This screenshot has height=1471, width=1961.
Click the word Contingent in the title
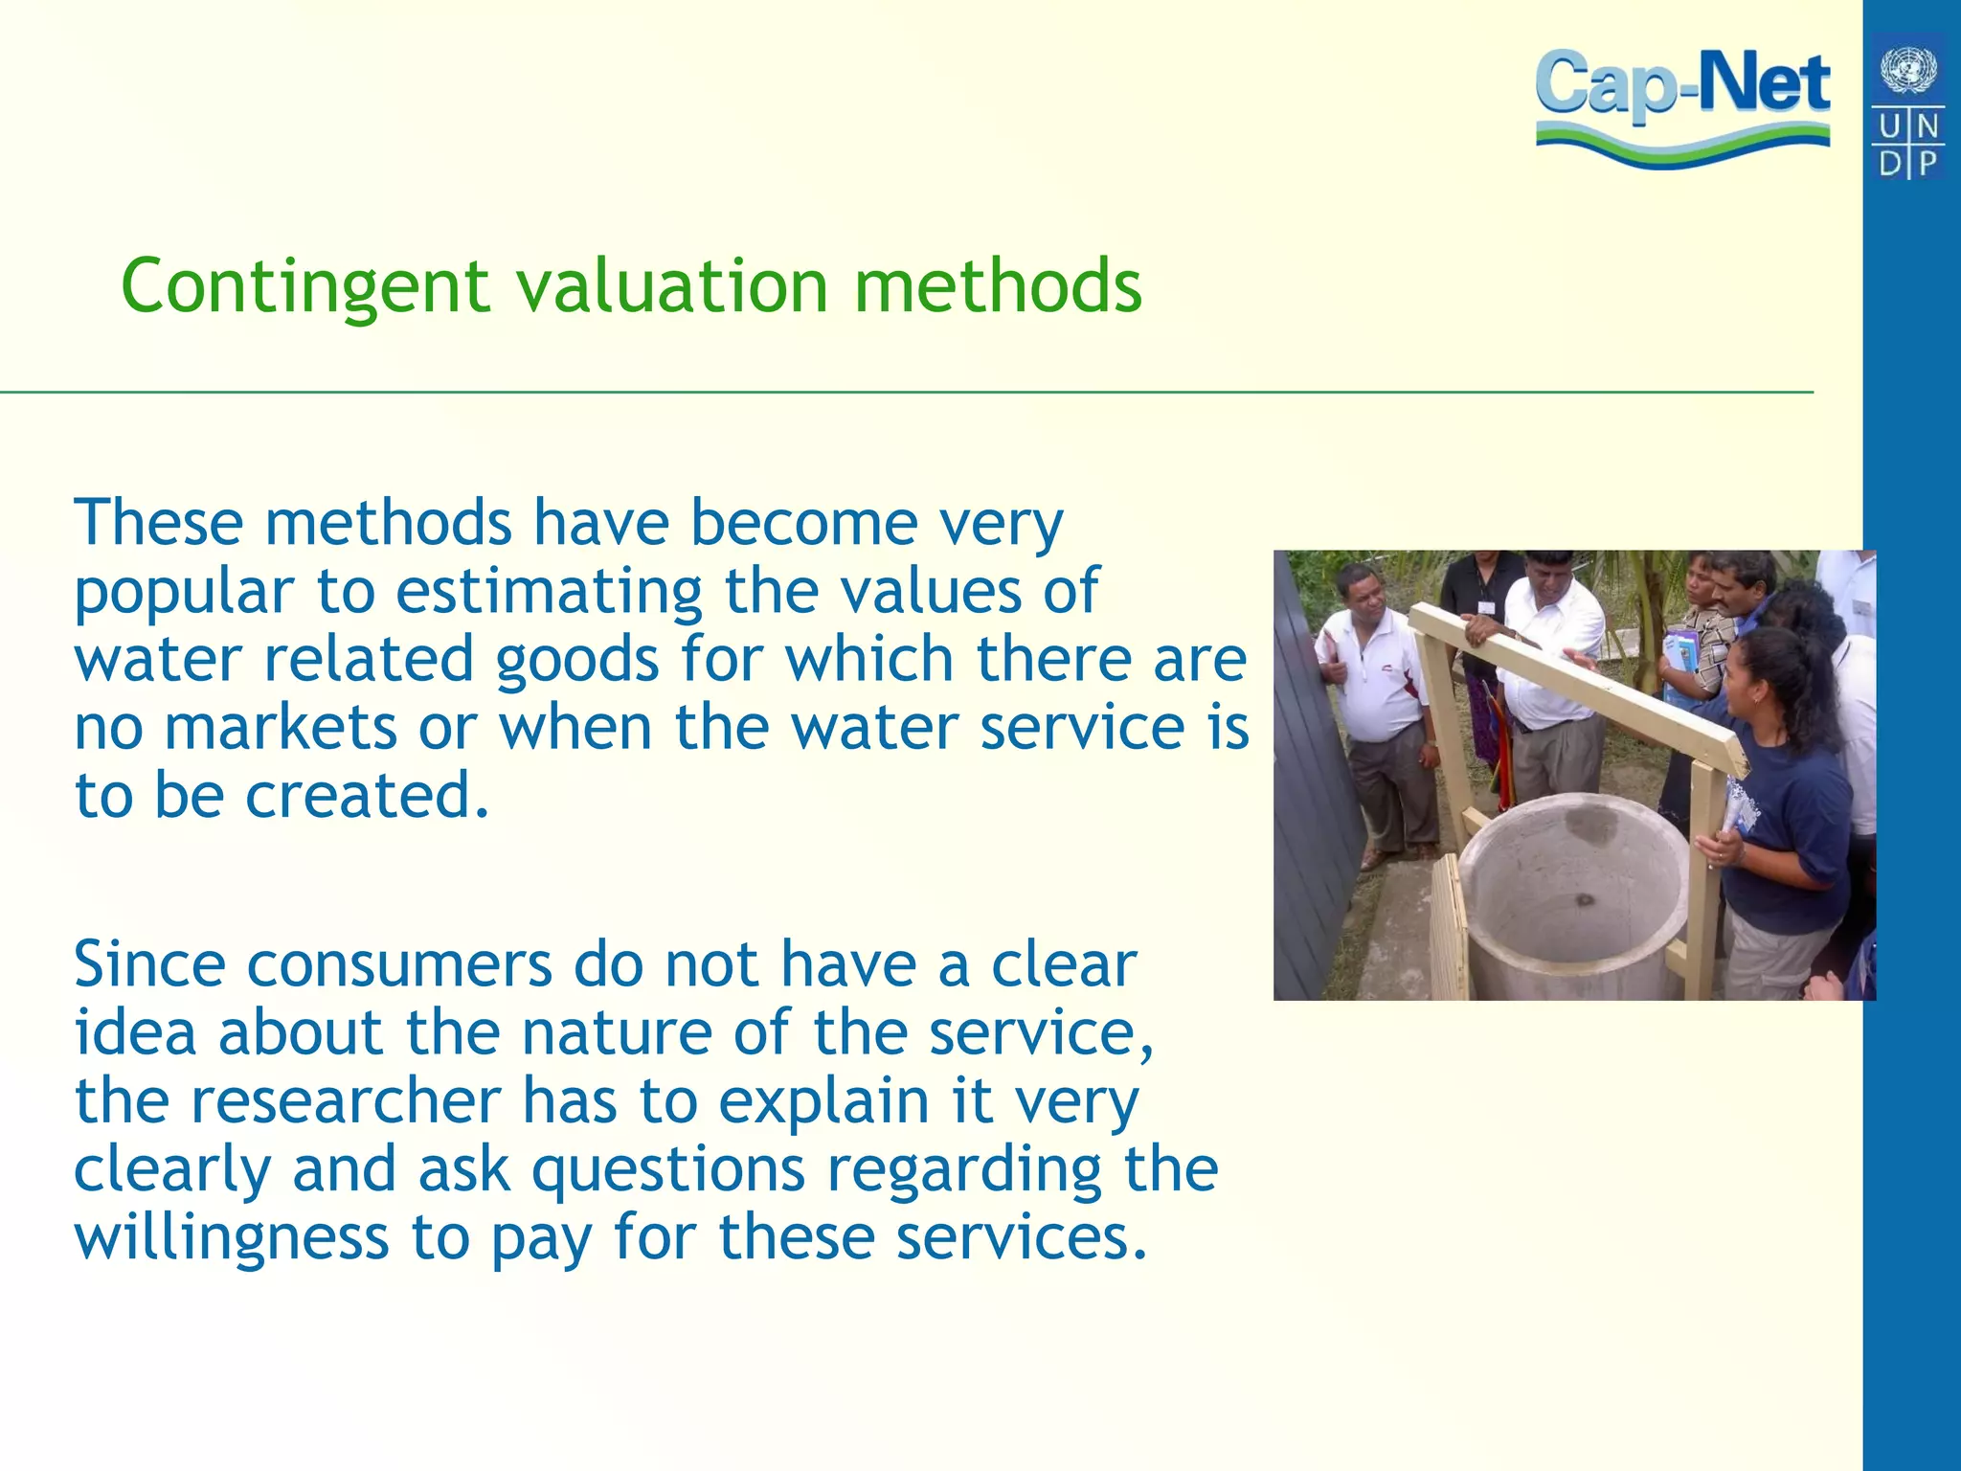pos(305,287)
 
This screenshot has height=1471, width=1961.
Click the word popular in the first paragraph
pos(184,594)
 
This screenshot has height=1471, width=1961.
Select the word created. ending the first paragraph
pos(368,797)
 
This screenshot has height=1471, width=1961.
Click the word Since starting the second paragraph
pos(149,964)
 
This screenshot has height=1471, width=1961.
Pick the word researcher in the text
pos(346,1101)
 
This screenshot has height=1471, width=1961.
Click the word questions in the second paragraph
pos(668,1171)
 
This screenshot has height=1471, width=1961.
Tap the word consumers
pos(399,964)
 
